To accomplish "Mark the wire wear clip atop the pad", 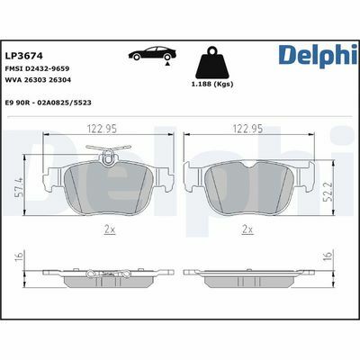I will point(110,161).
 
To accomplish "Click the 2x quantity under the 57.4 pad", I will point(110,229).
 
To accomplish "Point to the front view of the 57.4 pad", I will point(110,189).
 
